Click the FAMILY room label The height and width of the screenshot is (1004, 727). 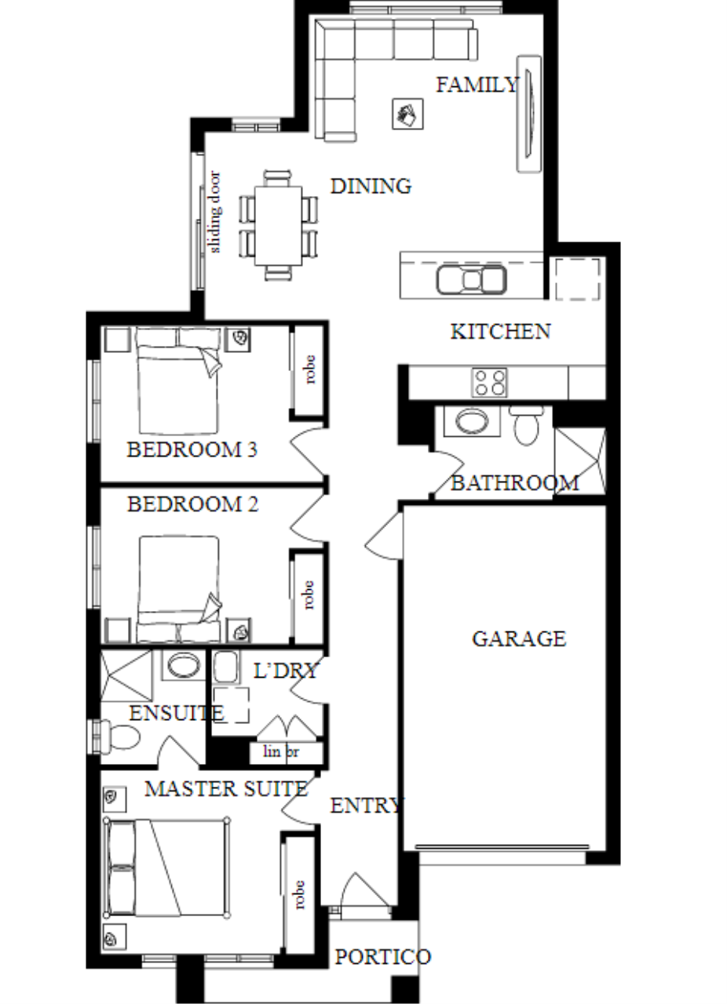pos(477,85)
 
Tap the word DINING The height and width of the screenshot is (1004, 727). pos(371,186)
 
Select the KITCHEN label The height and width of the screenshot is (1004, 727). pos(500,331)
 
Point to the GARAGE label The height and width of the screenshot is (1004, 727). pos(519,638)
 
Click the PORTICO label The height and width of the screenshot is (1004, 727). pos(383,956)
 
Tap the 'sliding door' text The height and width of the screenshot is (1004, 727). pos(215,212)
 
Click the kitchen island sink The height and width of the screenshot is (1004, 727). pos(471,280)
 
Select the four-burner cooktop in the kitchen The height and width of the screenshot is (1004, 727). pos(489,382)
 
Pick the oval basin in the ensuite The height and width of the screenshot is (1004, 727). pos(184,666)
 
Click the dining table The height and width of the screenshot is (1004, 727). pos(278,225)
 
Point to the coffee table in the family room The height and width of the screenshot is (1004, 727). pos(407,115)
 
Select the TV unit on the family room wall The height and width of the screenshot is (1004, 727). pos(529,114)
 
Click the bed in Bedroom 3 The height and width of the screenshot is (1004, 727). pos(178,380)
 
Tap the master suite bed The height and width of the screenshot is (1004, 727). pos(167,868)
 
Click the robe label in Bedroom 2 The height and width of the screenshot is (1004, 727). pos(309,595)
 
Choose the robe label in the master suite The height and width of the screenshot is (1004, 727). pos(299,895)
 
